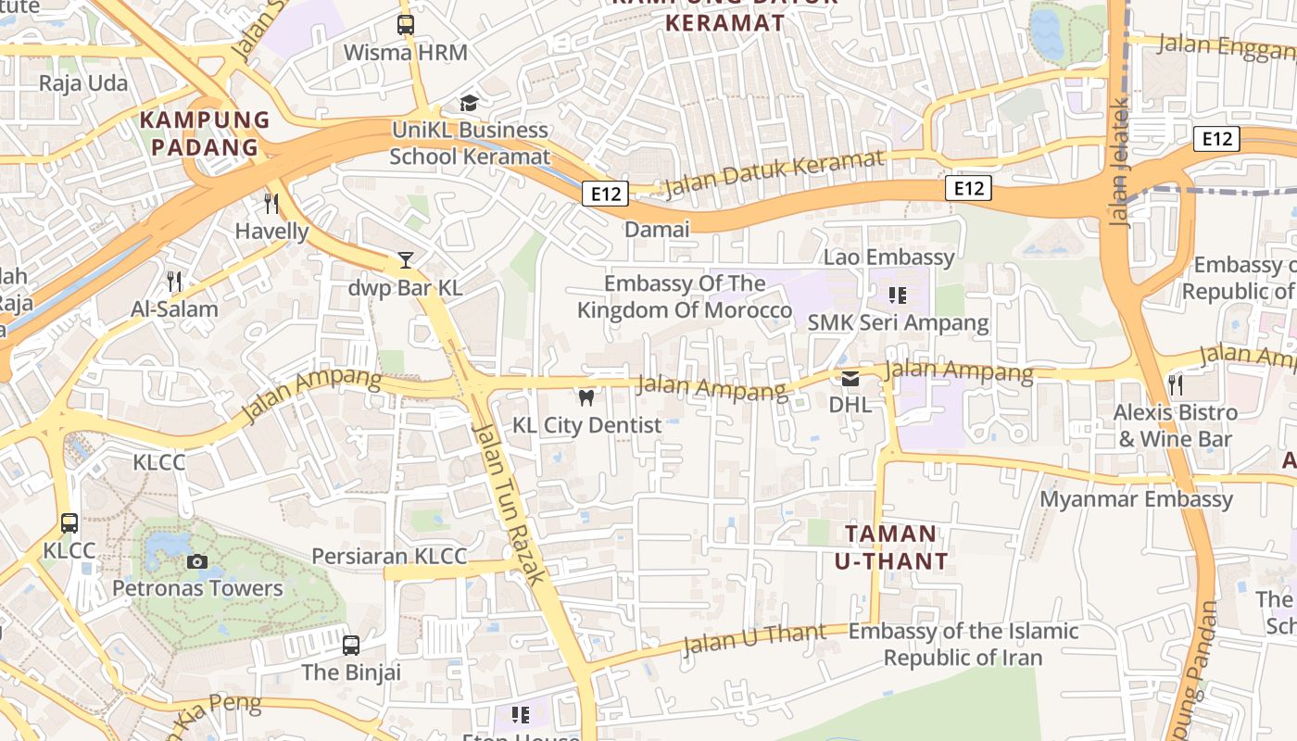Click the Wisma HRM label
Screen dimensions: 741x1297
tap(405, 52)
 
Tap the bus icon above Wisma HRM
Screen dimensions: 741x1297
tap(406, 25)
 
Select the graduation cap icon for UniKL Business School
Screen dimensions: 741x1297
tap(470, 103)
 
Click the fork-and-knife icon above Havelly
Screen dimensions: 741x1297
tap(271, 204)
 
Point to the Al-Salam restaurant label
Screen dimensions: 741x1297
tap(175, 308)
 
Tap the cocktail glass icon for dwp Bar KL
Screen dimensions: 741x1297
tap(405, 260)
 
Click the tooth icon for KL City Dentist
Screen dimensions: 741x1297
tap(586, 398)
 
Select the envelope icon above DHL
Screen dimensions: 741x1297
tap(850, 378)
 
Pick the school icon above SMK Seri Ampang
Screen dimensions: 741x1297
tap(897, 295)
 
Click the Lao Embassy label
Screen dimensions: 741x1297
tap(888, 257)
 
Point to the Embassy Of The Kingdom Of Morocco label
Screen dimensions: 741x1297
tap(685, 296)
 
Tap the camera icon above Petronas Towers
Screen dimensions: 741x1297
tap(196, 561)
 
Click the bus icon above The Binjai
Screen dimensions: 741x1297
tap(351, 645)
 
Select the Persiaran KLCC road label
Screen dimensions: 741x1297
tap(389, 556)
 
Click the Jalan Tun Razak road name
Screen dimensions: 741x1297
tap(508, 503)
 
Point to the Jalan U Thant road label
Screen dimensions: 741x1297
tap(754, 638)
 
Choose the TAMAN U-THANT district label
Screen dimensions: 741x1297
tap(891, 546)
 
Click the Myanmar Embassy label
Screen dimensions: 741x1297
tap(1136, 499)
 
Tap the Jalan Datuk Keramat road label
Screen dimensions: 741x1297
tap(774, 172)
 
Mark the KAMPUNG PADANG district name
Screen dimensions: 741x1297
tap(205, 133)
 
